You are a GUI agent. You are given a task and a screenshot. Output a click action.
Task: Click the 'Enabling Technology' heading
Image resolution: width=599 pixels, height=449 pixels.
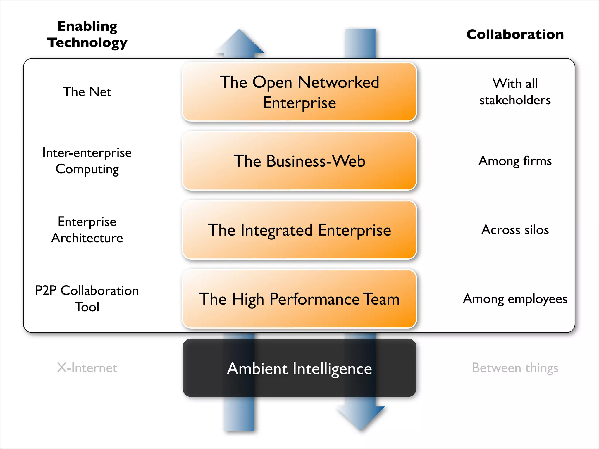(x=87, y=34)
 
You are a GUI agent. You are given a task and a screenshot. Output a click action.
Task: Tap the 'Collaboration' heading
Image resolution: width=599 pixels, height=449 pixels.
(x=515, y=34)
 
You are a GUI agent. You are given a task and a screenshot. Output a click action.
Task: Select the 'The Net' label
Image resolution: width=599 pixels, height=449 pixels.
(x=87, y=92)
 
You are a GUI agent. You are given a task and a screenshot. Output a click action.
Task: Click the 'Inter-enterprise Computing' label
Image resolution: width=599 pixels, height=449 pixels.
(x=87, y=161)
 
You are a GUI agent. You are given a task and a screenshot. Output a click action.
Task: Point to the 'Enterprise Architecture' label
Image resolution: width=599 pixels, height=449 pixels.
(x=87, y=230)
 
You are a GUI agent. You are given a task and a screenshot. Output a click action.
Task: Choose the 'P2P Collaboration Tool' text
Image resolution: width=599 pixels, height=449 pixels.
(x=87, y=298)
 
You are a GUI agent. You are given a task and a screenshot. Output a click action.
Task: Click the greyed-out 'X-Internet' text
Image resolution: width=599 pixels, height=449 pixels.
(x=87, y=368)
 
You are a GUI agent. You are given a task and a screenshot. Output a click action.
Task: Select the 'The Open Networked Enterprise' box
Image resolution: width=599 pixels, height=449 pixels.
(x=299, y=92)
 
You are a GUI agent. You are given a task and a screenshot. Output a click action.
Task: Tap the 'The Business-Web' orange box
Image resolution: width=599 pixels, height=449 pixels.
(x=299, y=161)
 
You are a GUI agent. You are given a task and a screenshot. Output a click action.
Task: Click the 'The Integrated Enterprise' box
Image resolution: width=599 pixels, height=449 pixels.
(x=299, y=230)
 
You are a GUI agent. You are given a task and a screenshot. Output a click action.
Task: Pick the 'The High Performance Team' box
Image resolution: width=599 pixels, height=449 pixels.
(x=299, y=299)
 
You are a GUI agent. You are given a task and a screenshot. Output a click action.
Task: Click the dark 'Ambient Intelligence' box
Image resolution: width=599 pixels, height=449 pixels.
(x=299, y=368)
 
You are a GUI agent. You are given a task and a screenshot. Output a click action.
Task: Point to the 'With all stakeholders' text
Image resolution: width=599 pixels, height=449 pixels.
(x=515, y=92)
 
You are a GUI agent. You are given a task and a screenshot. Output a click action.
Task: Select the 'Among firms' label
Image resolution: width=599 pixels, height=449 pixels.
(x=515, y=161)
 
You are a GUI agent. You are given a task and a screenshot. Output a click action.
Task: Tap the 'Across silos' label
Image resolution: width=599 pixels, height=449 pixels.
(x=515, y=230)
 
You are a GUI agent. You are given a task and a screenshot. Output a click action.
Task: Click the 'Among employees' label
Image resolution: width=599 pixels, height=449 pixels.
(x=515, y=299)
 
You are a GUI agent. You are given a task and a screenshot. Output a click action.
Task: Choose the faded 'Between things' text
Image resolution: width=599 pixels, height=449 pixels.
(x=515, y=368)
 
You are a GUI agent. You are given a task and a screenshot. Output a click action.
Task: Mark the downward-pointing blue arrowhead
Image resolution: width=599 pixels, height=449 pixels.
(x=361, y=417)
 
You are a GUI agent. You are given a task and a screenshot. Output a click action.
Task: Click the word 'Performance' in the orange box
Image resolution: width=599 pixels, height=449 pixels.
(x=314, y=299)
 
